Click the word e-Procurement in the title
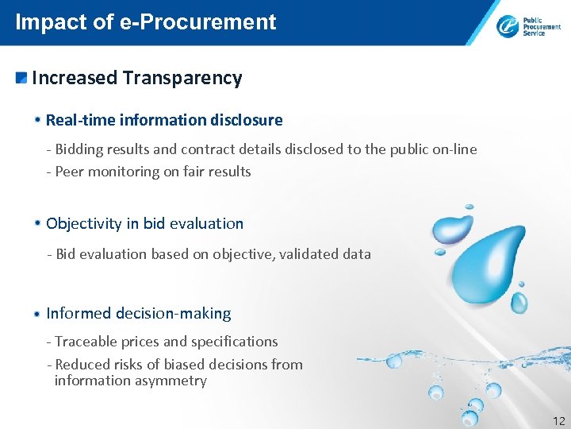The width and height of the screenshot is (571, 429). coord(198,21)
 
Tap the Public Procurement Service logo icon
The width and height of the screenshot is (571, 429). coord(508,26)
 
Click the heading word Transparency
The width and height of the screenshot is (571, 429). coord(182,78)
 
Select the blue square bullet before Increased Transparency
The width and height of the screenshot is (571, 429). coord(21,78)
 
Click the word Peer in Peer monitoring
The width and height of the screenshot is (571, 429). coord(70,172)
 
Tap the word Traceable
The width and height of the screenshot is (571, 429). coord(86,342)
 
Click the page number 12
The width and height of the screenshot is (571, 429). coord(558,420)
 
